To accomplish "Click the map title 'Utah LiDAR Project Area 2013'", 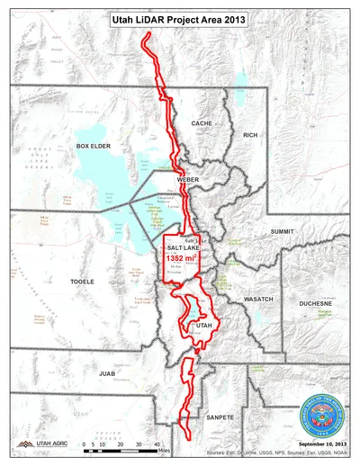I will click(x=180, y=18).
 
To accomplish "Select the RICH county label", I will click(x=250, y=135).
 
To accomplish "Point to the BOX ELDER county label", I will click(x=93, y=145).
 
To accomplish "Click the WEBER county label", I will click(x=188, y=180).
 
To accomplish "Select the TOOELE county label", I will click(x=82, y=282).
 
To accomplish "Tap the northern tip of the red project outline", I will click(x=148, y=40).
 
